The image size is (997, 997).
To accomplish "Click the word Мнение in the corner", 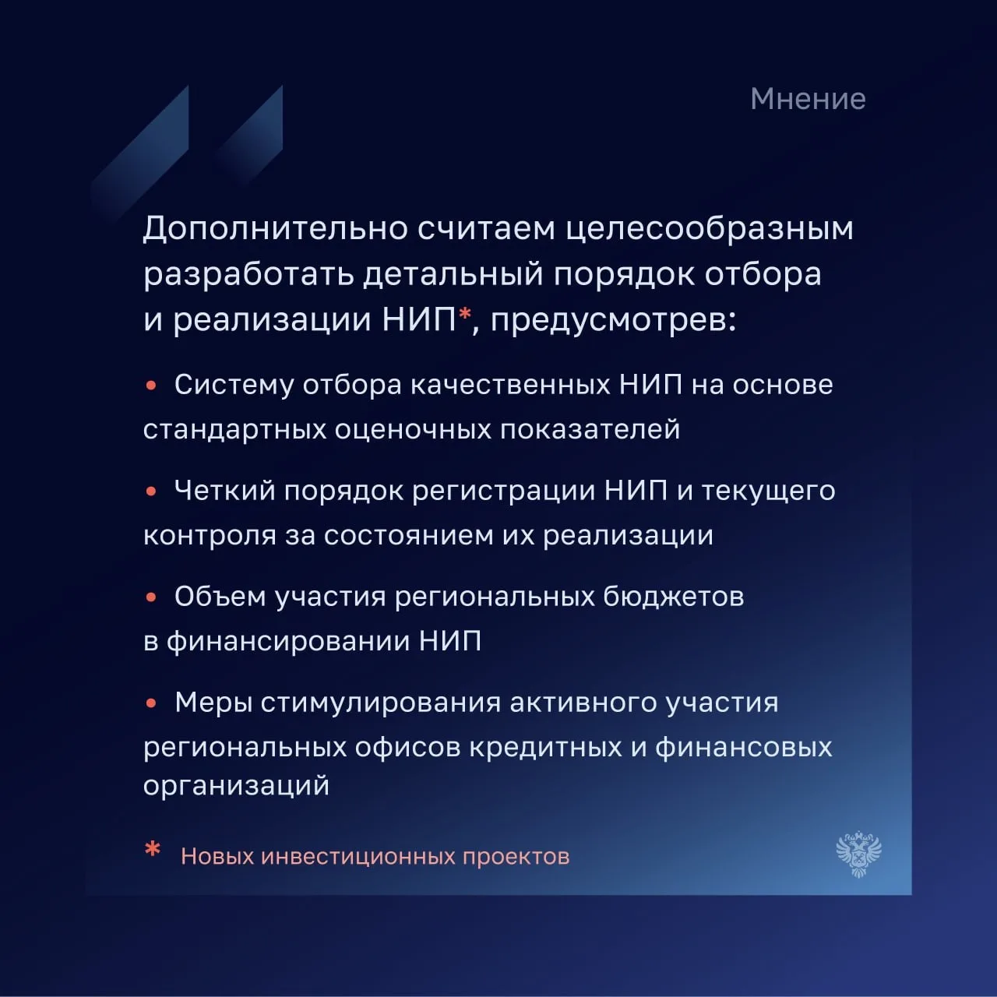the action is click(808, 99).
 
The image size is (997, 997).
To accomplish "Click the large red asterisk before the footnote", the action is click(153, 850).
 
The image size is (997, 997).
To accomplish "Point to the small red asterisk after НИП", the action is click(465, 312).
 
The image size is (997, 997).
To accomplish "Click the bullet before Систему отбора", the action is click(151, 386).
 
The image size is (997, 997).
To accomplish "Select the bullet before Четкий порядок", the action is click(151, 491).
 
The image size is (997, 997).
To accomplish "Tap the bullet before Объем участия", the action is click(151, 597).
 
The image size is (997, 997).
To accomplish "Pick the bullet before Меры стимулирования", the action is click(151, 703).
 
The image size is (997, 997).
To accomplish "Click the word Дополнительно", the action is click(275, 229).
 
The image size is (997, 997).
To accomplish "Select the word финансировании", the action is click(288, 642).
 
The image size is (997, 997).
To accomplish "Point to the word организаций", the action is click(237, 787).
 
